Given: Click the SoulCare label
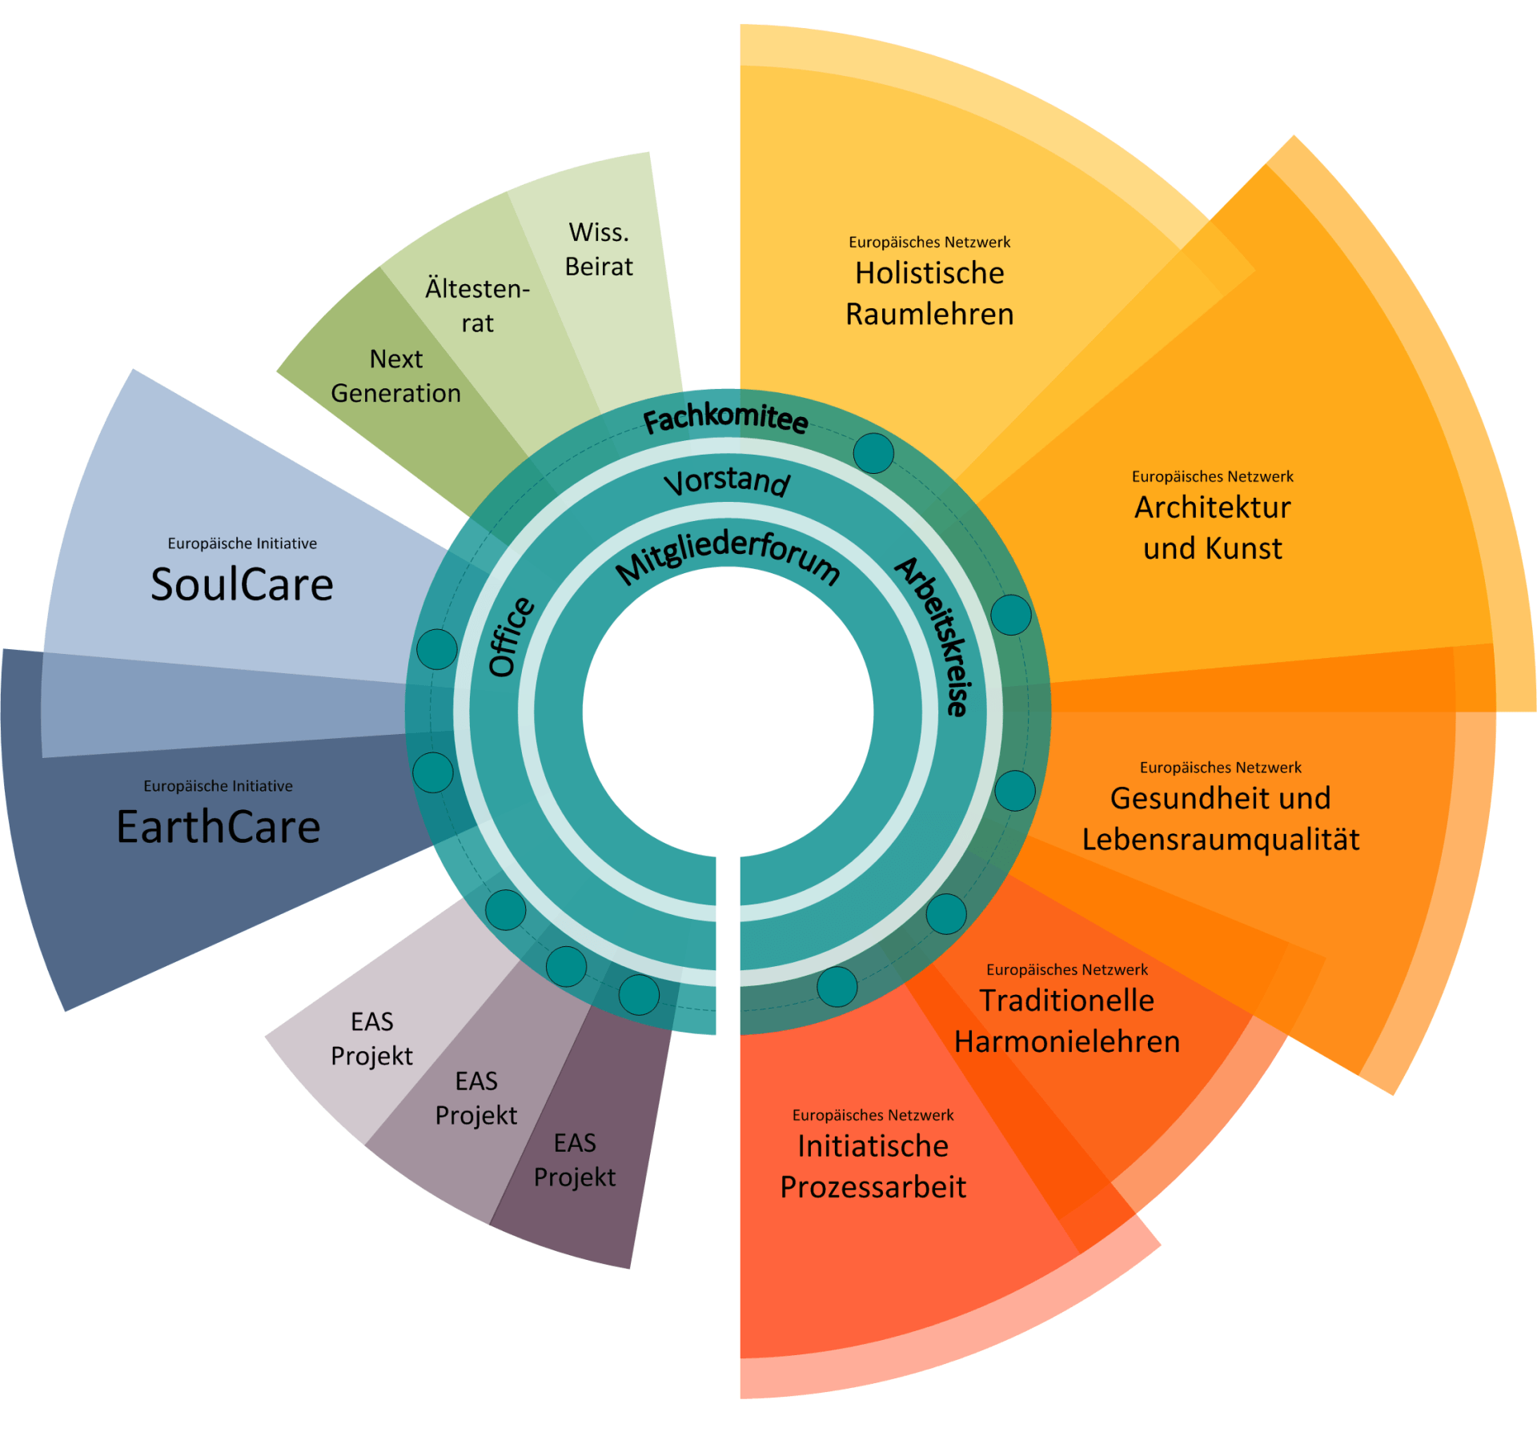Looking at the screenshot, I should (x=242, y=584).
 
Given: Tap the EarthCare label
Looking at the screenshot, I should (x=219, y=827).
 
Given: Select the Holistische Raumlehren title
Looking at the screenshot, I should (x=929, y=294).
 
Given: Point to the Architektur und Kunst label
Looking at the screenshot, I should (x=1212, y=527).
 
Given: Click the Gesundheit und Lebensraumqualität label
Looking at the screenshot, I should (x=1220, y=819).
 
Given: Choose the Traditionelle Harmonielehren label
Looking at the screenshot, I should (x=1066, y=1021).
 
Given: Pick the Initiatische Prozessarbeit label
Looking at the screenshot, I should (x=873, y=1166).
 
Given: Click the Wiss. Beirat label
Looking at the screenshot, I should (x=599, y=249).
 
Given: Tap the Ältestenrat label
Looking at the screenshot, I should (x=477, y=305).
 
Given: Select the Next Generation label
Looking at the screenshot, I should (x=395, y=376).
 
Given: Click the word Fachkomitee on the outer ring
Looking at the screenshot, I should (x=725, y=418).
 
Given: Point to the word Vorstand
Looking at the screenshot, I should (x=727, y=481).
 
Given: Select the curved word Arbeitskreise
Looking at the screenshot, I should (x=933, y=636).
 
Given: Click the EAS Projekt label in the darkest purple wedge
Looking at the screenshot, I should (x=575, y=1159).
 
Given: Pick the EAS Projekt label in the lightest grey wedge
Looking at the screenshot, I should (x=371, y=1038).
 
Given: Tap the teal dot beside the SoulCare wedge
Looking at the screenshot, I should (x=437, y=648).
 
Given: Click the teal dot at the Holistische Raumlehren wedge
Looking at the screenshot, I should (x=873, y=453).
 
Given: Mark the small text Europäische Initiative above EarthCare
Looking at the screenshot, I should (x=218, y=786).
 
